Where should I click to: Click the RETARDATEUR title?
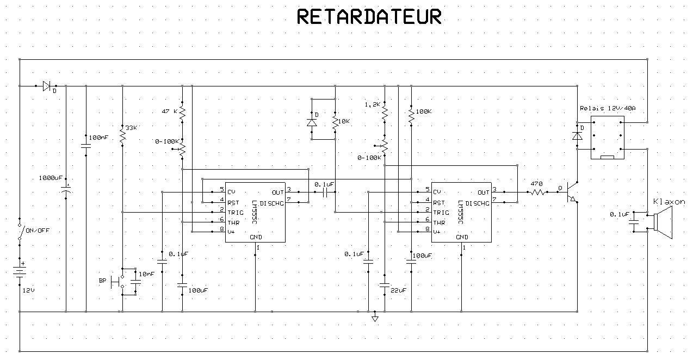click(x=369, y=17)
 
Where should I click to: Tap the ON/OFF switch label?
click(x=38, y=231)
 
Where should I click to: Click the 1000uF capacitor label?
click(x=51, y=178)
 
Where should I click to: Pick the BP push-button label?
click(x=102, y=281)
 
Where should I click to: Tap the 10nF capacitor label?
click(x=147, y=274)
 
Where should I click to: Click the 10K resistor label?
click(x=344, y=121)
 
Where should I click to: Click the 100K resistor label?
click(x=424, y=111)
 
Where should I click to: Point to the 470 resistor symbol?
click(x=537, y=192)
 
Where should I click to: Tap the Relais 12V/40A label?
click(x=608, y=108)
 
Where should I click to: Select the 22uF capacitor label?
click(x=398, y=290)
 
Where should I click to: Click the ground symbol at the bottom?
click(x=375, y=318)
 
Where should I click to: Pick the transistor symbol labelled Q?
click(x=571, y=192)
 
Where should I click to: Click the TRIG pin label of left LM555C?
click(x=236, y=213)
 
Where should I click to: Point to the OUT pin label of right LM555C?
click(x=483, y=193)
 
